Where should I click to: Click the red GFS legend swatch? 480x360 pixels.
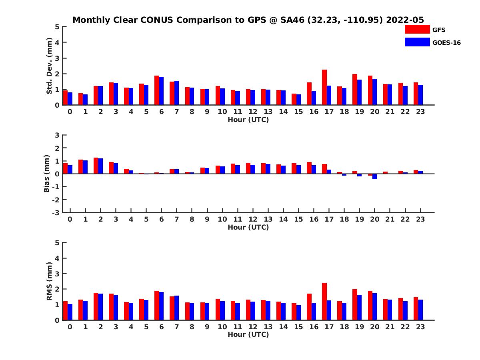point(417,29)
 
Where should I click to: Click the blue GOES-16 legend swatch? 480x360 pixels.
point(417,42)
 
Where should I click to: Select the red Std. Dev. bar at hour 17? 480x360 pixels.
point(324,87)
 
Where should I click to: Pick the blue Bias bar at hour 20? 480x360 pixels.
point(374,176)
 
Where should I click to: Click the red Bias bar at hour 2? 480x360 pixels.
point(96,166)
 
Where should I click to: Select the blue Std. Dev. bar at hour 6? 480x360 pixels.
point(161,91)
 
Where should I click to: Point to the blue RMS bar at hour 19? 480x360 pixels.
point(359,307)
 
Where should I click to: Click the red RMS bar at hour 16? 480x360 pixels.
point(309,307)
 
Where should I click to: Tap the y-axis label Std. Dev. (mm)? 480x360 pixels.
point(50,66)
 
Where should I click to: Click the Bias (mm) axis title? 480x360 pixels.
point(47,174)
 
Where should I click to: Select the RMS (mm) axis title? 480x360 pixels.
point(50,281)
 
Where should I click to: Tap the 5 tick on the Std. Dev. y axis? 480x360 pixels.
point(58,27)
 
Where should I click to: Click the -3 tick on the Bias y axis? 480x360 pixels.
point(56,212)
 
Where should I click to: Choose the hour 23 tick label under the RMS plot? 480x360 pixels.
point(420,326)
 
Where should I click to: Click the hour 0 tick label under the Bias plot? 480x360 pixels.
point(70,219)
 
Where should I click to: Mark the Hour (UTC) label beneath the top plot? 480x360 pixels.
point(248,119)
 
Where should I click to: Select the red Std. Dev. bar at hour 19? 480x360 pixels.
point(355,89)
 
